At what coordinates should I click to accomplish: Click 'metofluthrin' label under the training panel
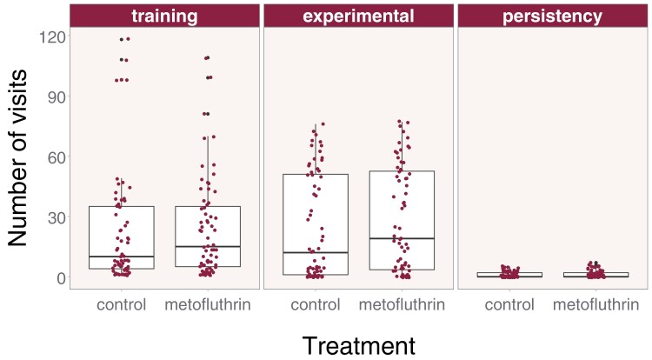point(208,304)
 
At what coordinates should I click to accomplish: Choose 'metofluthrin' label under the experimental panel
point(401,304)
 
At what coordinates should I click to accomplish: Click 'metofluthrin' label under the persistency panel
point(595,304)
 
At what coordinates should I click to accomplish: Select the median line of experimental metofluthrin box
point(401,238)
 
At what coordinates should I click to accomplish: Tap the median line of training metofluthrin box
point(208,247)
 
